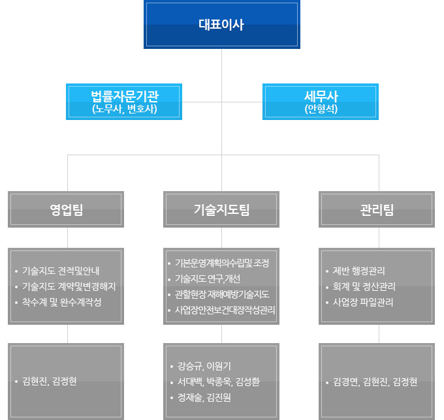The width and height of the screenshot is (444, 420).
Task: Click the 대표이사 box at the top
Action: click(x=221, y=25)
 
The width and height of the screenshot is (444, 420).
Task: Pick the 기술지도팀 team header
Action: click(x=221, y=209)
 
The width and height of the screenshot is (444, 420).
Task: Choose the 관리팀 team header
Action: click(x=377, y=209)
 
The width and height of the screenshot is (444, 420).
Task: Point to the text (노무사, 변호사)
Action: click(x=124, y=109)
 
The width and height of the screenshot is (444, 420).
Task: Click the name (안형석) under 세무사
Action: click(x=321, y=109)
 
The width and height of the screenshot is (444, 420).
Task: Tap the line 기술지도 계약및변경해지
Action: click(x=69, y=286)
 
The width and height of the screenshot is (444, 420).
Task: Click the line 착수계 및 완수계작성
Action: click(x=61, y=303)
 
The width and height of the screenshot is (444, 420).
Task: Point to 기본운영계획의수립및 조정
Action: click(x=222, y=263)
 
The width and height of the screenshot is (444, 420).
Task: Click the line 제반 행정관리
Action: click(x=358, y=270)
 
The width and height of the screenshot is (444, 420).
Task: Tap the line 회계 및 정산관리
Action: click(x=364, y=286)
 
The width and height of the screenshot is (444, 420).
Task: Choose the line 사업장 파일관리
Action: click(x=362, y=303)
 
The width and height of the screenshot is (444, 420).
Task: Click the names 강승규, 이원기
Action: click(x=204, y=366)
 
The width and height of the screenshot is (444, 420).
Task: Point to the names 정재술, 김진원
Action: click(x=204, y=397)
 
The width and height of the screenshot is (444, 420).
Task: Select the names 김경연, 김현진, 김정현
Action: click(x=375, y=382)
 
